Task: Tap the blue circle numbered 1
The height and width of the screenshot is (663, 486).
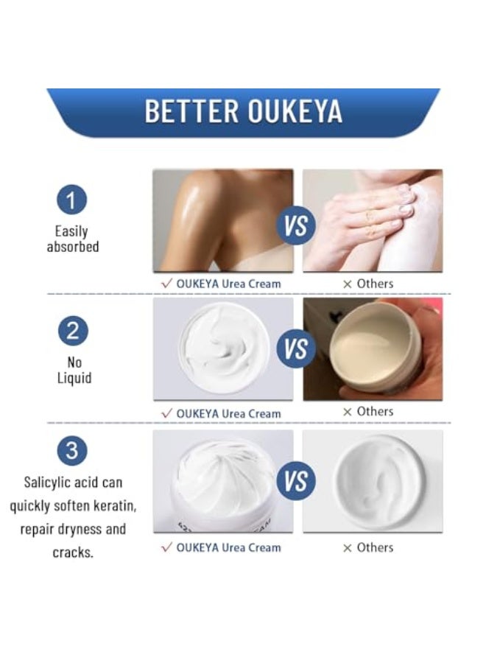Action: (x=71, y=200)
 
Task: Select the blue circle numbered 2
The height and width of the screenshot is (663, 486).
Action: (x=71, y=331)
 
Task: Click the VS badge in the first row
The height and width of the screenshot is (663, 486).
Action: (x=296, y=225)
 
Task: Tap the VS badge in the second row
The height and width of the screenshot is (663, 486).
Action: (x=296, y=348)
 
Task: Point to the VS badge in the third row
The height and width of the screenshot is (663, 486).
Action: (x=296, y=482)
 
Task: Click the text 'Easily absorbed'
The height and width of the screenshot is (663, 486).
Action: (x=72, y=239)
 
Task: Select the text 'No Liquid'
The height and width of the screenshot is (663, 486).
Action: (x=72, y=370)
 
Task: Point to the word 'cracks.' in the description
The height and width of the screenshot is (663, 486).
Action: (x=73, y=552)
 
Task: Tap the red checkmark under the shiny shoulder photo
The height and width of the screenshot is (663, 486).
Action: (x=166, y=284)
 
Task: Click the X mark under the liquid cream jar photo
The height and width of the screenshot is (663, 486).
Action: (x=348, y=412)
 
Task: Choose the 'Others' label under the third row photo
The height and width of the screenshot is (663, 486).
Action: (x=375, y=547)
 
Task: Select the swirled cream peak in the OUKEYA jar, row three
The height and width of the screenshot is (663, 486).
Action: (x=222, y=471)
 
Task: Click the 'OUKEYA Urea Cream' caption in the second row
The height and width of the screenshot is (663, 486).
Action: (x=228, y=414)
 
